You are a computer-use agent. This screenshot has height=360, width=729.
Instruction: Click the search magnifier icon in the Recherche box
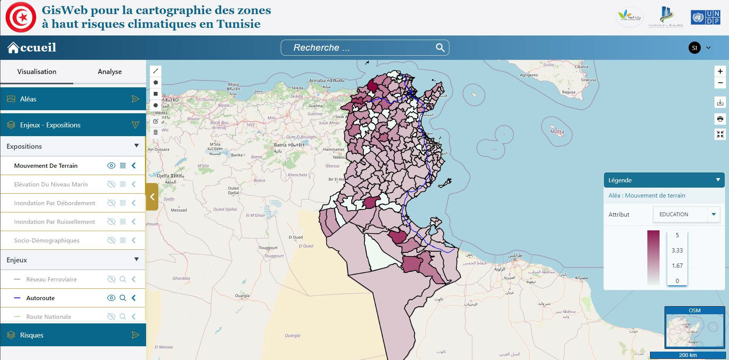point(440,48)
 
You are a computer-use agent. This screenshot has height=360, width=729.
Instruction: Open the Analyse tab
point(109,72)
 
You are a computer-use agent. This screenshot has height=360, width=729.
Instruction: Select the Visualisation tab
point(37,72)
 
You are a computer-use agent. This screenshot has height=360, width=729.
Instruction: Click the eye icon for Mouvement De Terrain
point(111,166)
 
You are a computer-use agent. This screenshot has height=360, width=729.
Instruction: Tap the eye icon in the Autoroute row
point(111,298)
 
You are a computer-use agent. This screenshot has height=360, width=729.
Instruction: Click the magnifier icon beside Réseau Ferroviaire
point(123,279)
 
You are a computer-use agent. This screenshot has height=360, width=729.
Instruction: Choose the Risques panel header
point(73,335)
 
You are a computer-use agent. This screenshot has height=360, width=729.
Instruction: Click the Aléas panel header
point(73,99)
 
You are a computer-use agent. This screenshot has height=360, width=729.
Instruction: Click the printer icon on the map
point(720,119)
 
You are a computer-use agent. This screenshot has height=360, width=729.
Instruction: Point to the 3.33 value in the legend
point(677,251)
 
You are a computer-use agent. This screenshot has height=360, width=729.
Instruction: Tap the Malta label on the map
point(557,132)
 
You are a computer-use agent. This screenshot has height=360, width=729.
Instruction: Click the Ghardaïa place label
point(181,278)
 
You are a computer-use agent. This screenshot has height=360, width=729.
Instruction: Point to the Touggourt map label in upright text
point(268,248)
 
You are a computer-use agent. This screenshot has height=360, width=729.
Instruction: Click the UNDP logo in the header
point(705,18)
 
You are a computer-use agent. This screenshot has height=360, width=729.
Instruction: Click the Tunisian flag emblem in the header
point(21,17)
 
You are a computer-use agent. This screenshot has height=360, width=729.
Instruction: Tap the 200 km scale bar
point(687,355)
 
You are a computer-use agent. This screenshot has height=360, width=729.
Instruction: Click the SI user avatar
point(694,48)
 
